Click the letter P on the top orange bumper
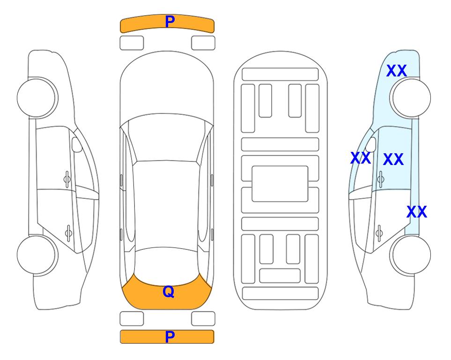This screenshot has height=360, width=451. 170,22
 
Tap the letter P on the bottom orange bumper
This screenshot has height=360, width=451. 170,337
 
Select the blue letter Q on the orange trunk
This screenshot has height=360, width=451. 169,292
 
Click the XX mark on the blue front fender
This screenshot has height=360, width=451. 396,71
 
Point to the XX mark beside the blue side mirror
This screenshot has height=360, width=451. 361,158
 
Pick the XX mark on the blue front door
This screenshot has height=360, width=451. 393,159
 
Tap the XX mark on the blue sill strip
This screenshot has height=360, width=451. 416,212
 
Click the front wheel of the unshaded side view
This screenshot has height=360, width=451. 37,98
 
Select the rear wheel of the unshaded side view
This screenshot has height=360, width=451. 37,255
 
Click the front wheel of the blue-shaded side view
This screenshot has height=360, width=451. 410,98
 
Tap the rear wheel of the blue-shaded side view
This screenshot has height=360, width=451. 410,255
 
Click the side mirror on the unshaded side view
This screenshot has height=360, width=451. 77,144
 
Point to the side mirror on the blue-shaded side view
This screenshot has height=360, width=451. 371,144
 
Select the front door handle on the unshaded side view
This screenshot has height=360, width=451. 67,180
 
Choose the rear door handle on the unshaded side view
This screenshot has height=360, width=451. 68,233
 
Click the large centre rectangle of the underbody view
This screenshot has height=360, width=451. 280,184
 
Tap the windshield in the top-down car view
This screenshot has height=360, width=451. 167,138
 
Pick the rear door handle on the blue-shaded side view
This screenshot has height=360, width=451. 379,233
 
